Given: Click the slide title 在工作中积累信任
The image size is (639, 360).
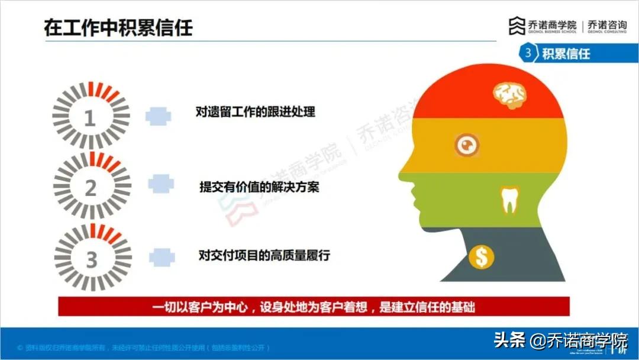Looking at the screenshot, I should tap(118, 27).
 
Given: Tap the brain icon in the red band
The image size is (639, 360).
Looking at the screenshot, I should tap(510, 95).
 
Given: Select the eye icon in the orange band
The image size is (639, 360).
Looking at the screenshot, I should tap(467, 144).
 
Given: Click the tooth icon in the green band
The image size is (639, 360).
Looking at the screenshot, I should tap(509, 200).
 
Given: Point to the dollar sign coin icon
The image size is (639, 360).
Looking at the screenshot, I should tap(481, 256).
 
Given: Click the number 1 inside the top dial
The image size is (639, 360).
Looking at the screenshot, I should tap(90, 118).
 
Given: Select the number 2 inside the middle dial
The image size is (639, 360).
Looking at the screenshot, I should tap(91, 188).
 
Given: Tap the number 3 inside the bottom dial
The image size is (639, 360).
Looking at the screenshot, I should tap(91, 259).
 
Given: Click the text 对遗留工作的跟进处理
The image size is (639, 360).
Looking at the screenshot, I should tap(256, 111).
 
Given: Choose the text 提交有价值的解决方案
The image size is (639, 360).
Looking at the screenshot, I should tap(260, 187).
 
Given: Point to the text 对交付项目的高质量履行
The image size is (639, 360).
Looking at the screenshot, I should tap(264, 256).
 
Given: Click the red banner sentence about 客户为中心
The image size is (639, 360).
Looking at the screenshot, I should tap(314, 307).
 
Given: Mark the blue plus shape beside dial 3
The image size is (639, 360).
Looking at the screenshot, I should tap(162, 258).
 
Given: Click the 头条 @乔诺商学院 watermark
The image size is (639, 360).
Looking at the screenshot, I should tap(560, 340).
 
